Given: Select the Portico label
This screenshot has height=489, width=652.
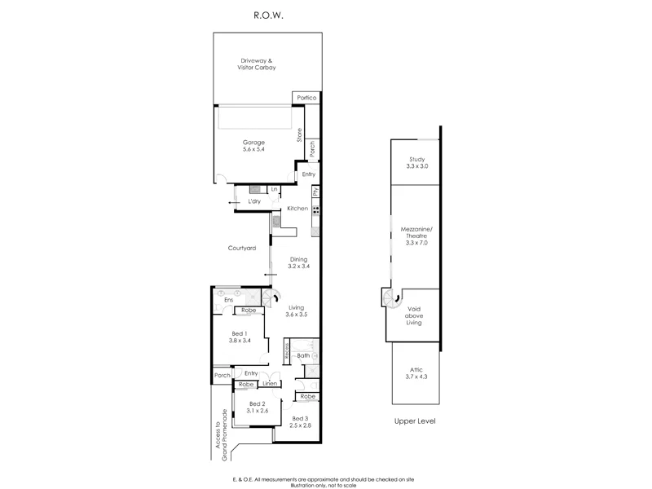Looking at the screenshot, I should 306,99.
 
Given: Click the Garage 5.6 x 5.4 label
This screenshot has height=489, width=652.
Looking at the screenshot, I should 253,146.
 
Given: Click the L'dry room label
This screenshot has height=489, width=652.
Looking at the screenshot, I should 254,200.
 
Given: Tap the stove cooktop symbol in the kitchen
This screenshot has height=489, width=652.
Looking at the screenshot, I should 315,209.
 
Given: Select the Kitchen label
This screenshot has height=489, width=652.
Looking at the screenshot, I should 297,209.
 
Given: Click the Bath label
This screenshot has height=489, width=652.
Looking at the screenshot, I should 302,356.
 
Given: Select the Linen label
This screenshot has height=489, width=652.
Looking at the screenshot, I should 270,384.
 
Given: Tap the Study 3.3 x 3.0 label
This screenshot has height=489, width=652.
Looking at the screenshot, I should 417,163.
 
